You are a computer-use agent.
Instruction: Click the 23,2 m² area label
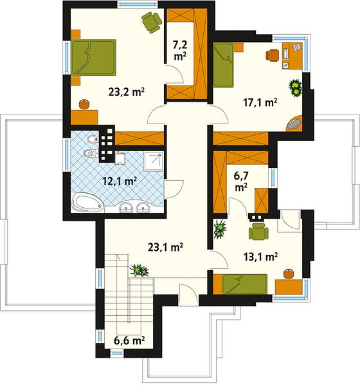click(x=126, y=92)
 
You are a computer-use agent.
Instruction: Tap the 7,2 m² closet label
click(x=180, y=50)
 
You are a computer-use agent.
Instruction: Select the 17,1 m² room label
click(x=260, y=102)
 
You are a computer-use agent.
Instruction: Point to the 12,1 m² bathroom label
click(x=120, y=181)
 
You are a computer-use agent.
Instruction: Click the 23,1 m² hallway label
click(x=165, y=247)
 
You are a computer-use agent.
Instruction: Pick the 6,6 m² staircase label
click(x=129, y=341)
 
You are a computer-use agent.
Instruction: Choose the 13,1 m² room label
click(x=260, y=257)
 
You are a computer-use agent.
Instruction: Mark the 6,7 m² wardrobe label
click(x=241, y=181)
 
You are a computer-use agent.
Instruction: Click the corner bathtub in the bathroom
click(x=87, y=202)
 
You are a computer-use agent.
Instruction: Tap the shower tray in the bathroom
click(x=154, y=161)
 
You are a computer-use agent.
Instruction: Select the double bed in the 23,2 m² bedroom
click(x=93, y=57)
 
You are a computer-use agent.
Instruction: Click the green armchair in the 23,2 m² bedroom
click(x=152, y=22)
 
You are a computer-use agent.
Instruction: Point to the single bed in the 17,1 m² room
click(x=223, y=65)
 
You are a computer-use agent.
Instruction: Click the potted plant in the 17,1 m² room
click(x=295, y=87)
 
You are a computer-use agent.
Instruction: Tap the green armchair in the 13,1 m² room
click(x=258, y=231)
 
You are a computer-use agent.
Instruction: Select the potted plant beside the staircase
click(x=139, y=270)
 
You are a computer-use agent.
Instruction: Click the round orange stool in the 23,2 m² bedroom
click(x=84, y=104)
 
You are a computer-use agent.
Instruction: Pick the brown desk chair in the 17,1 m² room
click(x=273, y=55)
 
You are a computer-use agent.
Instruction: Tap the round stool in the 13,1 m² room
click(x=289, y=274)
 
